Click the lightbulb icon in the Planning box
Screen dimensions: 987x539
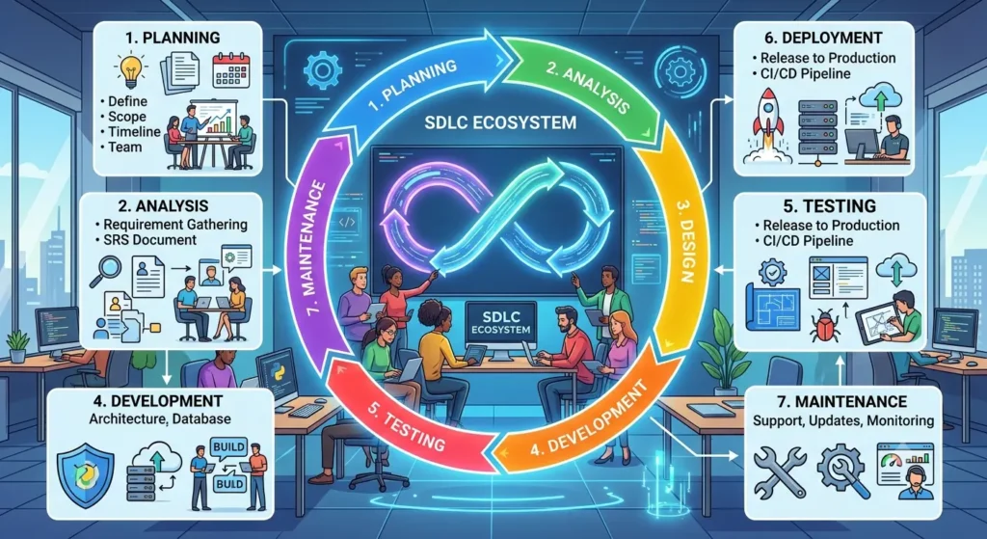click(x=131, y=69)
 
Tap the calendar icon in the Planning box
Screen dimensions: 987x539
click(x=231, y=69)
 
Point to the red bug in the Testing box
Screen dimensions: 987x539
click(x=824, y=326)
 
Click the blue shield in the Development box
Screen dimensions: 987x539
click(x=85, y=473)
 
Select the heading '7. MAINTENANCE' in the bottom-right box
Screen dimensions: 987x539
click(x=842, y=401)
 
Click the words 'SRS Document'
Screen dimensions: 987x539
click(x=149, y=240)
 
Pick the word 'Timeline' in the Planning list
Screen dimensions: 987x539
click(x=134, y=131)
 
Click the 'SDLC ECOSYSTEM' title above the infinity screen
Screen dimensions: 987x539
click(x=500, y=121)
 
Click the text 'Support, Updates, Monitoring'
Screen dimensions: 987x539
click(x=843, y=420)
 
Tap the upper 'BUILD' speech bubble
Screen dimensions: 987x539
click(x=229, y=447)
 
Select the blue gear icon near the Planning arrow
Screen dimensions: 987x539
click(x=322, y=70)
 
